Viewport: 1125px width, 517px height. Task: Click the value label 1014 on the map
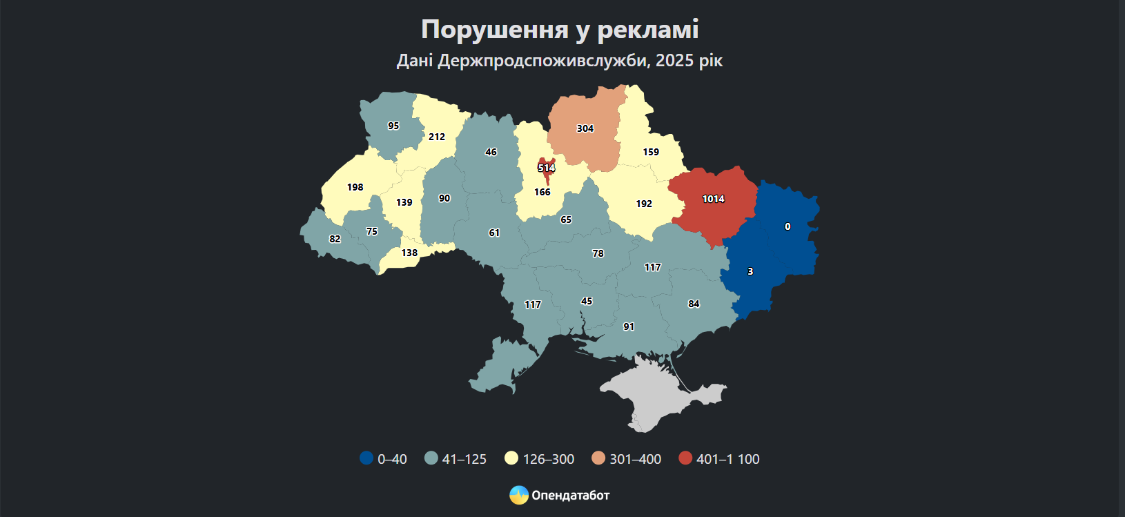pyautogui.click(x=713, y=199)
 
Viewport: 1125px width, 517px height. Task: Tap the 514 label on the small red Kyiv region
pyautogui.click(x=546, y=168)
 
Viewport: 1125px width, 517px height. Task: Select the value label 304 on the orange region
pyautogui.click(x=585, y=128)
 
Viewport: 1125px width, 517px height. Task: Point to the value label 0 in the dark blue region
pyautogui.click(x=787, y=226)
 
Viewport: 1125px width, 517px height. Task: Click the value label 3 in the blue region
pyautogui.click(x=750, y=271)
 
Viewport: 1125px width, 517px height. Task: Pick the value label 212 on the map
pyautogui.click(x=436, y=137)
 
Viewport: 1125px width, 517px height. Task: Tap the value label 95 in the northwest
pyautogui.click(x=393, y=126)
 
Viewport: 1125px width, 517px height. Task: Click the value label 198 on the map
pyautogui.click(x=355, y=187)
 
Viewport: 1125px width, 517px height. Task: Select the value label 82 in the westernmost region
pyautogui.click(x=335, y=239)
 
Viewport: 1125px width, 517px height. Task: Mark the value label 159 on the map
pyautogui.click(x=651, y=152)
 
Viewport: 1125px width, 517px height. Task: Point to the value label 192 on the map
pyautogui.click(x=644, y=204)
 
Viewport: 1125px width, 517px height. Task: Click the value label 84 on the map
pyautogui.click(x=694, y=304)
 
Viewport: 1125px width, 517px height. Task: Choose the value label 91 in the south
pyautogui.click(x=629, y=326)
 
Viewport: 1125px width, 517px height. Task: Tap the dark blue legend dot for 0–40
pyautogui.click(x=366, y=458)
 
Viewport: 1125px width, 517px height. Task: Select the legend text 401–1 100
pyautogui.click(x=727, y=459)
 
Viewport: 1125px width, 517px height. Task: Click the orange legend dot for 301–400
pyautogui.click(x=598, y=458)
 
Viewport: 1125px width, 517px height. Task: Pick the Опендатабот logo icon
pyautogui.click(x=518, y=495)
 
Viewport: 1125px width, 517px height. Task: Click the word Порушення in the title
pyautogui.click(x=494, y=29)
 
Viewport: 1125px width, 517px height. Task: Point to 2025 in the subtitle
pyautogui.click(x=674, y=61)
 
